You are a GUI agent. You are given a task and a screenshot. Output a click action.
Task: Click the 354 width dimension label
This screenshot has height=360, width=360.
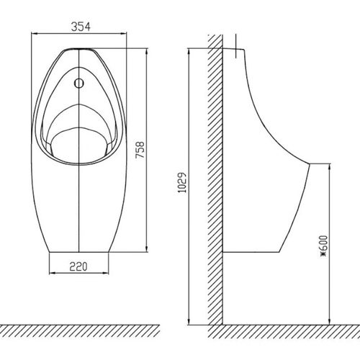pos(81,27)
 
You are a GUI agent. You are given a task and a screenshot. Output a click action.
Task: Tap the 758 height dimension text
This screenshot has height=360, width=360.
pos(140,150)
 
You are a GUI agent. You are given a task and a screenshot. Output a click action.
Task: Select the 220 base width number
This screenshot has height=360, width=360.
pos(78,266)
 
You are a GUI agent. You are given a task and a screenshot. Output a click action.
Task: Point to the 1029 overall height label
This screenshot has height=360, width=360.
pos(181,182)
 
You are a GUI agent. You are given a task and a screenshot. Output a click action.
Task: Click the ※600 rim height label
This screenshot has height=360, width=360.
pos(324,246)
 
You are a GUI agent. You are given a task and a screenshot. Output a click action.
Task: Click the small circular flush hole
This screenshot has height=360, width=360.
pos(79,84)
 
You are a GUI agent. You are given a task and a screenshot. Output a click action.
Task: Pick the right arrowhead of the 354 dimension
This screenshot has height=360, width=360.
pos(123,34)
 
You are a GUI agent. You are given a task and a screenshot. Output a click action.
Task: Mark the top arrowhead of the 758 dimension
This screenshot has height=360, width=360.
pos(146,52)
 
